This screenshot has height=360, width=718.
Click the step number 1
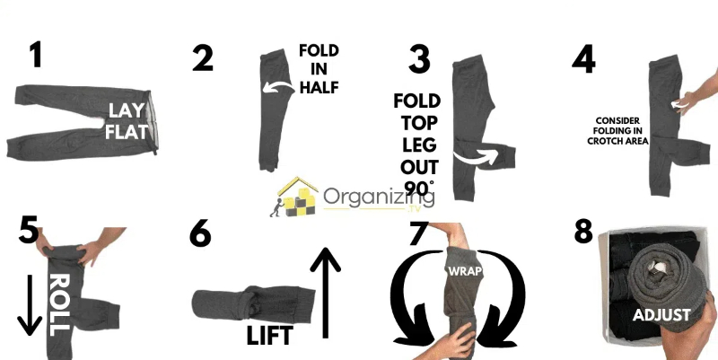click(35, 56)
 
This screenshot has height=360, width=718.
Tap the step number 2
click(203, 57)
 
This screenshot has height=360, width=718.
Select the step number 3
click(419, 57)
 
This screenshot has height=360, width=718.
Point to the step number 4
click(583, 57)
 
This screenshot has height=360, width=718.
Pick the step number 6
click(201, 235)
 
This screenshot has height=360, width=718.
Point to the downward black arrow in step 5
click(30, 306)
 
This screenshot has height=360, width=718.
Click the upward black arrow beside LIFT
click(324, 292)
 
